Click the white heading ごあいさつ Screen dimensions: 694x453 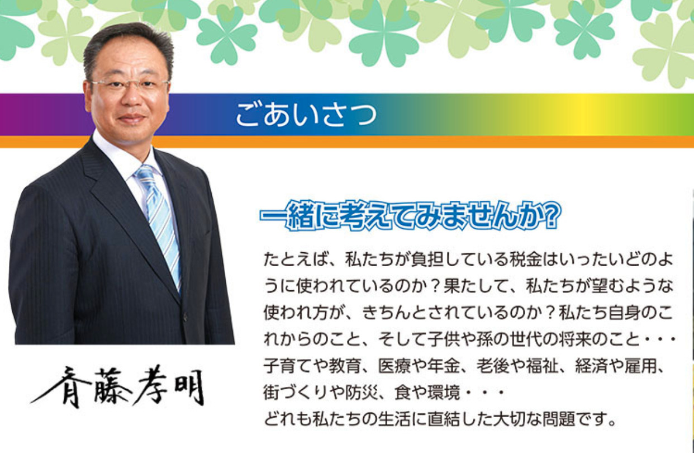click(306, 114)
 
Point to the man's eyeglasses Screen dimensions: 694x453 click(130, 84)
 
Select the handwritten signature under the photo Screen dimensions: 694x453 click(117, 386)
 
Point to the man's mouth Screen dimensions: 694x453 click(132, 118)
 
